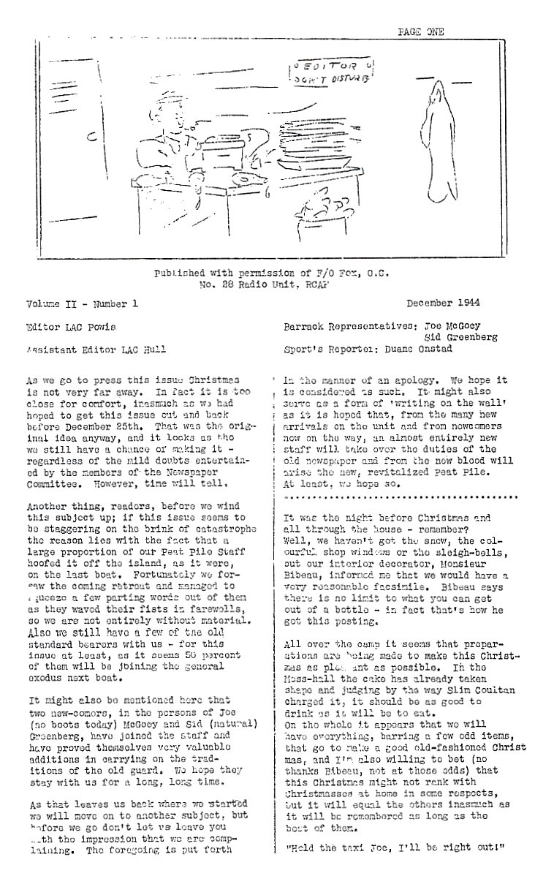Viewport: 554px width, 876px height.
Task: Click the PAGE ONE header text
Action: coord(420,31)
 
